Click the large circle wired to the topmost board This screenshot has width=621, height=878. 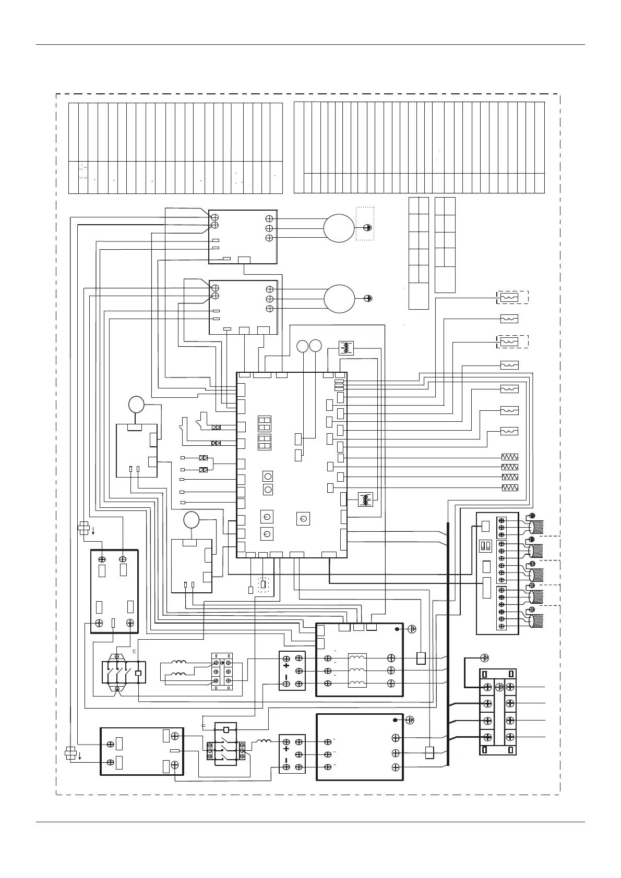[338, 228]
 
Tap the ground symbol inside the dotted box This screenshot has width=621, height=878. [368, 228]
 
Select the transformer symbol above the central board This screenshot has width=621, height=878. [346, 347]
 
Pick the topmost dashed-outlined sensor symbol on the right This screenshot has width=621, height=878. [509, 298]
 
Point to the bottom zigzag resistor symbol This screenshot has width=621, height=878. [509, 487]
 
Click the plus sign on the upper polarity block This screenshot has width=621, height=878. [286, 665]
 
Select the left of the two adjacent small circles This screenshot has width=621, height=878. [303, 346]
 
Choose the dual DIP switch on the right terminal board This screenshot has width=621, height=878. [485, 545]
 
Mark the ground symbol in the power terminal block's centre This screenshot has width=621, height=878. [499, 687]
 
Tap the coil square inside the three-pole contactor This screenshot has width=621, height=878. [138, 673]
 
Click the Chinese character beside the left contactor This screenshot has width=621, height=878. [134, 651]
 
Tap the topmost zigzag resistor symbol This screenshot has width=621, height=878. [509, 457]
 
